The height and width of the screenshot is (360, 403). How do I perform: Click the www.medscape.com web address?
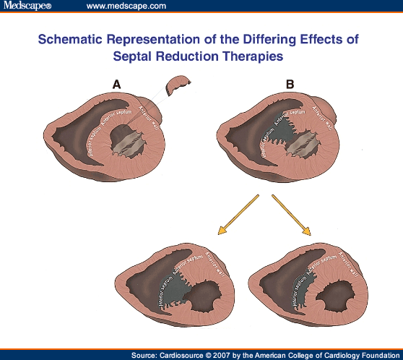[x=126, y=6]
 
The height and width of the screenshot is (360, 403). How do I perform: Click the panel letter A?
[x=116, y=85]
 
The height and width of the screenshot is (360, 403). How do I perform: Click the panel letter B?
[x=290, y=85]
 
